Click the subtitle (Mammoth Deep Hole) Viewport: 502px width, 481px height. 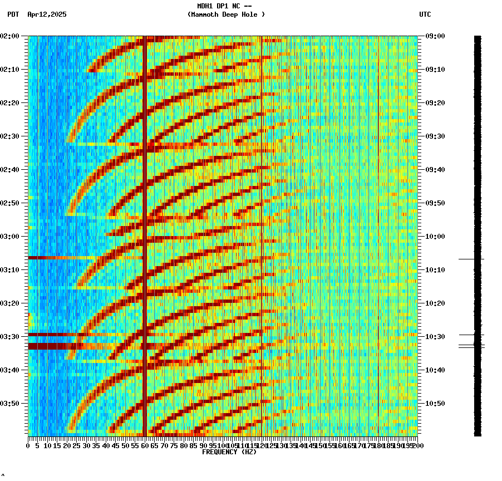[226, 14]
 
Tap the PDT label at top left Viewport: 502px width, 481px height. [13, 14]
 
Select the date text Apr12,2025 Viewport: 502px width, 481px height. [47, 14]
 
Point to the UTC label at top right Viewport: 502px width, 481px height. [425, 14]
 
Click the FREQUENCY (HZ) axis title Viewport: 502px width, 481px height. [229, 452]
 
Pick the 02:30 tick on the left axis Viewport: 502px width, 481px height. [11, 136]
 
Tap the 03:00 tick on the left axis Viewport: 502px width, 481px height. [11, 237]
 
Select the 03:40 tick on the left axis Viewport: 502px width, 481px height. [11, 370]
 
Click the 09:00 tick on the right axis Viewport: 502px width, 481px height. [435, 36]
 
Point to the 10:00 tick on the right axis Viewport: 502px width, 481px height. [435, 237]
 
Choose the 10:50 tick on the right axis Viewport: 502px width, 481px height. [435, 404]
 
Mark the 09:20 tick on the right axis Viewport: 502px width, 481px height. [435, 103]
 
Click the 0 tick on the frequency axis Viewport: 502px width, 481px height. [28, 446]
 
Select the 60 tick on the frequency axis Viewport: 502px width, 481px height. [145, 446]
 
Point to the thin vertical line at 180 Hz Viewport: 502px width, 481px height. [378, 223]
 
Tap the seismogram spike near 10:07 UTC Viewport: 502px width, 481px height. [471, 259]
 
